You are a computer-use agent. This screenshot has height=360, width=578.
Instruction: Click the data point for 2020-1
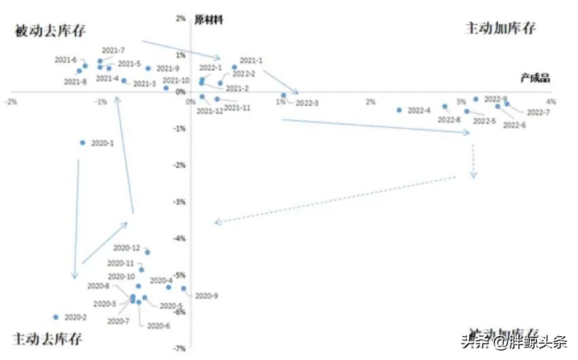82,142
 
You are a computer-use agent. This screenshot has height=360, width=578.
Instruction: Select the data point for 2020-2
56,317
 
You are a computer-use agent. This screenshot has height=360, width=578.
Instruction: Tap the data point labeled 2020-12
148,252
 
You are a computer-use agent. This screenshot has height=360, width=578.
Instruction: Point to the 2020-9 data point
184,289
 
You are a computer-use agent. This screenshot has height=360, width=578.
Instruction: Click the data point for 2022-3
284,95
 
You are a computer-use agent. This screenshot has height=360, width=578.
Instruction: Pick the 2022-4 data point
399,110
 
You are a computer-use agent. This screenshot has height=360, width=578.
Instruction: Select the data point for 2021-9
148,68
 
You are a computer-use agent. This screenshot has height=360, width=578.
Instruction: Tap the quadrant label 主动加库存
500,29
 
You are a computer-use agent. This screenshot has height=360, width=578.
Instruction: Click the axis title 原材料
209,20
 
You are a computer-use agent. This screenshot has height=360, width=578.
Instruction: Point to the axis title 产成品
534,79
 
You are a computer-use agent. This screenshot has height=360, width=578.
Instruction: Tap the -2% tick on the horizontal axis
10,102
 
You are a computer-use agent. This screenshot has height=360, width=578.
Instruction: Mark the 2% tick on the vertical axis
181,19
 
